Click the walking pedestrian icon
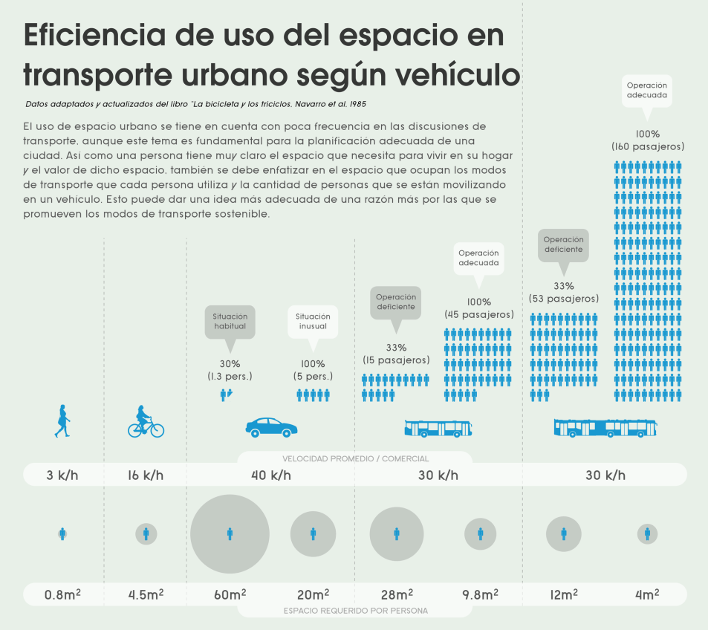pos(63,420)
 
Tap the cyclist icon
pos(146,422)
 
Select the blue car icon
pos(272,427)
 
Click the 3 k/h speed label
pos(62,475)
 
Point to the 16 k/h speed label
pos(146,475)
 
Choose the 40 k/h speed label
pos(272,475)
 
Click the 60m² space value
pos(230,594)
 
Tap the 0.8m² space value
pos(62,594)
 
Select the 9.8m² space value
pos(480,594)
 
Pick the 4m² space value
pos(647,594)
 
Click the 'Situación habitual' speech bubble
pos(230,322)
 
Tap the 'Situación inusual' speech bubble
pos(313,322)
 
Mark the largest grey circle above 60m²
pos(230,533)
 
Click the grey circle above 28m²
pos(396,533)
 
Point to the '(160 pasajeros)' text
pos(648,147)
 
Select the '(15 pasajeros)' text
pos(396,360)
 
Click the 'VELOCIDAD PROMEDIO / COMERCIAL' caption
pos(355,458)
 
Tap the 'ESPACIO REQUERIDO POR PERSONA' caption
pos(355,611)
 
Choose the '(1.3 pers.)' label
pos(230,377)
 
